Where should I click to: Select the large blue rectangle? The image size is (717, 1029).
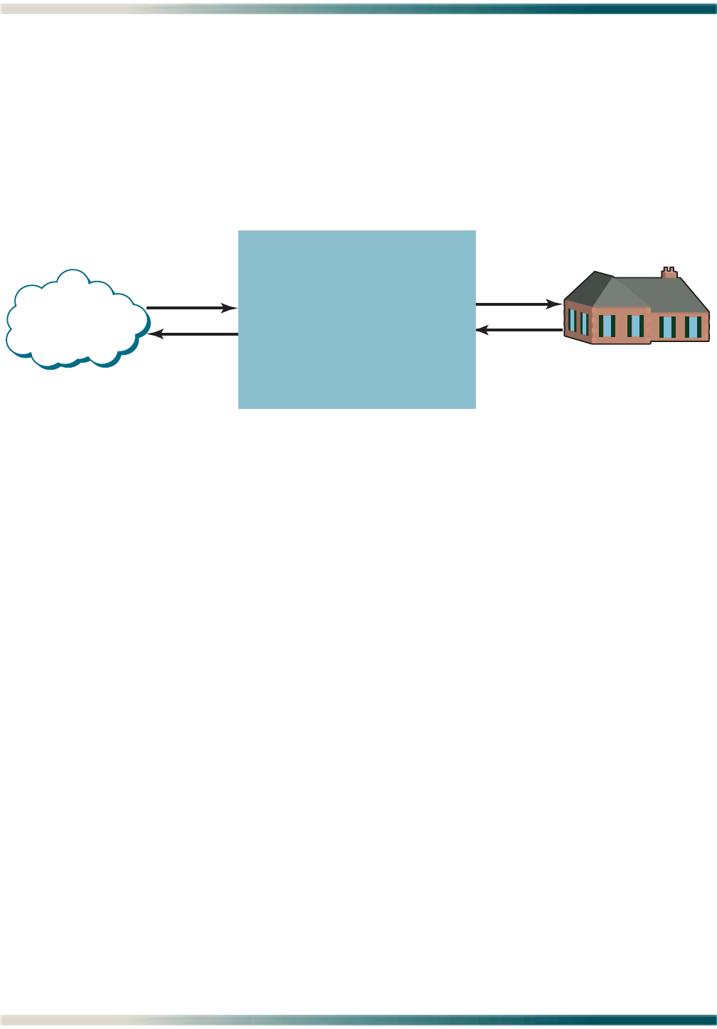[356, 319]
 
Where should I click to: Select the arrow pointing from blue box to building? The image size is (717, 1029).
[516, 304]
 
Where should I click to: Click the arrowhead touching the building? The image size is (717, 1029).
[555, 304]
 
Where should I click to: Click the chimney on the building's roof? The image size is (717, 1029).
[669, 272]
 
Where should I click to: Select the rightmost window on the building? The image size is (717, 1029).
[692, 326]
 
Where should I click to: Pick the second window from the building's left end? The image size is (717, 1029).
[584, 324]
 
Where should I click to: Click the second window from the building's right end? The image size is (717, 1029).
[667, 326]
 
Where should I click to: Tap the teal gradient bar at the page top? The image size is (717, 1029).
[427, 9]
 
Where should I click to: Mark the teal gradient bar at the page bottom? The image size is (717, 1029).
[427, 1020]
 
